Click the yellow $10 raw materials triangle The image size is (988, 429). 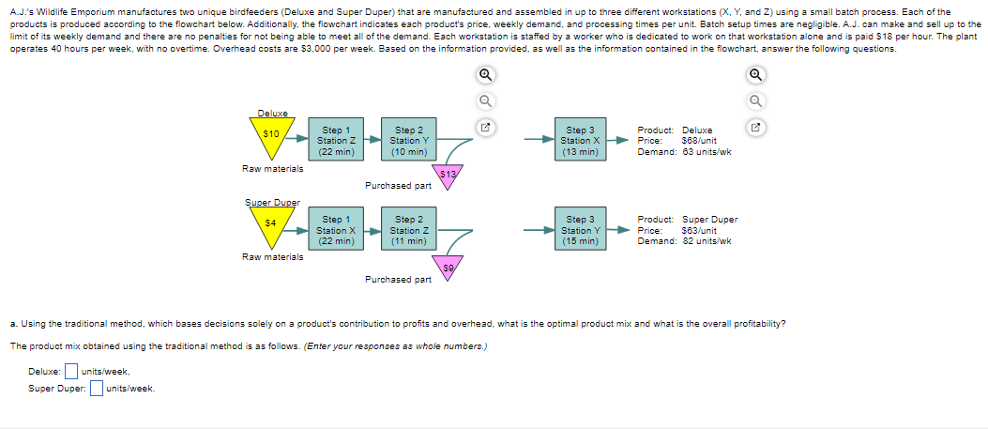pos(271,136)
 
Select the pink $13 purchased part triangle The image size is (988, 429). pos(447,176)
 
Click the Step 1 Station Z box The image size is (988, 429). pos(336,141)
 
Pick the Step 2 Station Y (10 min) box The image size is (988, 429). pos(409,141)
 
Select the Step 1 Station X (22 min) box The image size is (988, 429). pos(336,230)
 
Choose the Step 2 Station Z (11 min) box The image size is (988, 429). pos(409,230)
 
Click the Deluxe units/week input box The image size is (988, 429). pos(69,372)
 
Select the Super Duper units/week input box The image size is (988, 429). pos(96,389)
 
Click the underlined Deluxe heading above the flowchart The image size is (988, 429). pos(272,114)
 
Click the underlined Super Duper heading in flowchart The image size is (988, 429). pos(272,203)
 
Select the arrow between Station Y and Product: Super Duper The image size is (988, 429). pos(621,230)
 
